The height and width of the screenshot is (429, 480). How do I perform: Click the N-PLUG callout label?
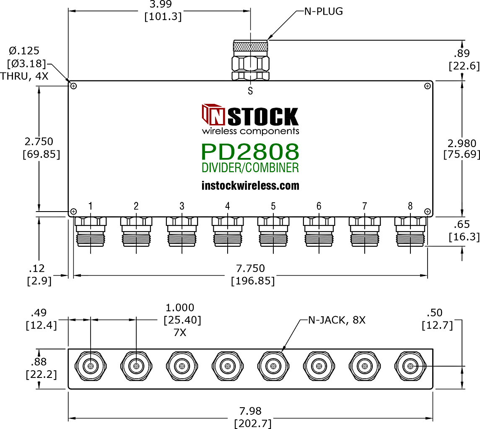(x=324, y=11)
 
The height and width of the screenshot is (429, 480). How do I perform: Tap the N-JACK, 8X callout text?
(x=337, y=320)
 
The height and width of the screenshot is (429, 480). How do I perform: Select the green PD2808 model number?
(x=250, y=152)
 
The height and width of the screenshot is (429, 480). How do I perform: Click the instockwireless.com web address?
(x=250, y=186)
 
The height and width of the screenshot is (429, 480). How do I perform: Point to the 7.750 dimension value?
(x=250, y=269)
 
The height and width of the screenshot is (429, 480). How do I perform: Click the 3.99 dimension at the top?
(x=161, y=4)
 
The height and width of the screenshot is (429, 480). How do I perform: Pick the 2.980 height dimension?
(x=462, y=143)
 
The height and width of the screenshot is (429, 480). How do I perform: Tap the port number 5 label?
(x=273, y=206)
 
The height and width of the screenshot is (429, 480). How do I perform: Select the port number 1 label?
(x=91, y=206)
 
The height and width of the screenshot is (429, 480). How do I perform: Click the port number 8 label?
(x=410, y=206)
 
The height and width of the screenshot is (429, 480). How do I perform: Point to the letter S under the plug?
(x=250, y=91)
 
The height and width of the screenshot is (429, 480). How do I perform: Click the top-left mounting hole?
(x=73, y=86)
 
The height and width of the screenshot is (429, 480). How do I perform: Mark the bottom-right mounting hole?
(x=428, y=212)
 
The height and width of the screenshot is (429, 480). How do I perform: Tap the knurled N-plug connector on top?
(x=251, y=60)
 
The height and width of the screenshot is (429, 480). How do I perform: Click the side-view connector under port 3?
(x=182, y=232)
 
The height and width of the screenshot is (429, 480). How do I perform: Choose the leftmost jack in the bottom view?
(x=91, y=366)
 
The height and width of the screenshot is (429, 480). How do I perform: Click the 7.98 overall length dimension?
(x=250, y=411)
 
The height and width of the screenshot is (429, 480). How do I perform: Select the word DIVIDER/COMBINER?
(x=250, y=168)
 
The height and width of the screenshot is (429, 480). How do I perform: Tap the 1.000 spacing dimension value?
(x=180, y=308)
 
